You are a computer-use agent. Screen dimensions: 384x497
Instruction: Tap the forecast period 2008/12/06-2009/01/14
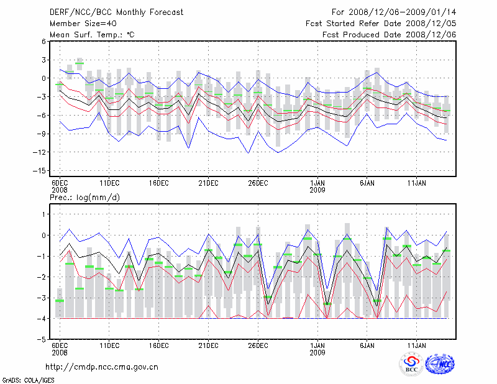point(394,12)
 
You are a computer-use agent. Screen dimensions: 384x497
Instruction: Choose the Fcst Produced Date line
point(390,35)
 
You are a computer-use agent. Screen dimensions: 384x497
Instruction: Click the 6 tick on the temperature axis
point(44,41)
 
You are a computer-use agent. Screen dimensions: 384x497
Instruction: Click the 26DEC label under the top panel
point(258,183)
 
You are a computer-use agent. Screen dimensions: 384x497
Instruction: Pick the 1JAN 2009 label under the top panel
point(317,186)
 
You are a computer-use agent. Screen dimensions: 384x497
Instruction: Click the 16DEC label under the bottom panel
point(158,345)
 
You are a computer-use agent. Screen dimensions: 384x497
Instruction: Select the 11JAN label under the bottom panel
point(417,345)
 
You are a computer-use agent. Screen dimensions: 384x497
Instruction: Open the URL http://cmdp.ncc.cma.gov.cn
point(102,367)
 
